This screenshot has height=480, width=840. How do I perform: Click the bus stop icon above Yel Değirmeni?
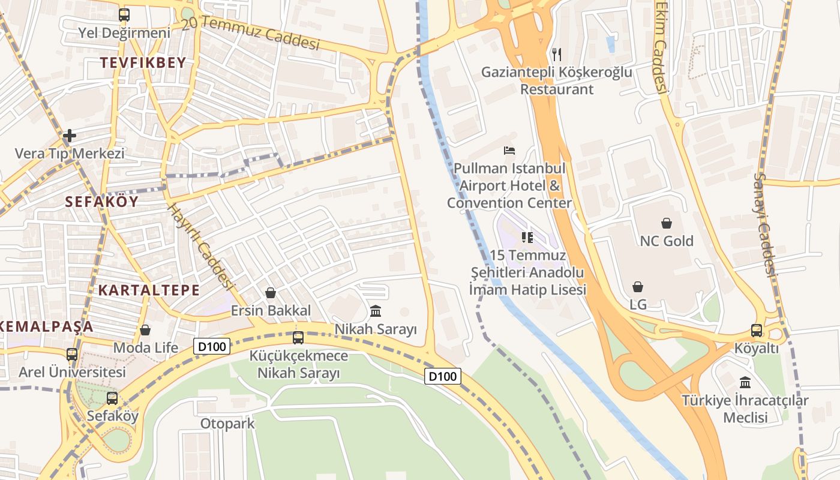tap(124, 15)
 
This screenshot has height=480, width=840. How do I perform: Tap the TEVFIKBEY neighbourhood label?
tap(143, 62)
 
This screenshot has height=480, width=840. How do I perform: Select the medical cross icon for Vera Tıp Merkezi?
tap(70, 136)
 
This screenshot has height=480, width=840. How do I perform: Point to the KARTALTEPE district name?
tap(149, 290)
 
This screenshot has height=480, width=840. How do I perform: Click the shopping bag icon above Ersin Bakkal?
tap(271, 293)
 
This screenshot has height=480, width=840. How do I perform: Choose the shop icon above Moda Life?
tap(145, 330)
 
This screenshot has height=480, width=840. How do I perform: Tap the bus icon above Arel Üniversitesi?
tap(72, 355)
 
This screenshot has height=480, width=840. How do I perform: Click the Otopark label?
tap(227, 424)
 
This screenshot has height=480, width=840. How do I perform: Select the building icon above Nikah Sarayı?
tap(376, 311)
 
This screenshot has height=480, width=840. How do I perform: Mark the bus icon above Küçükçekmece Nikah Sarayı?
tap(298, 338)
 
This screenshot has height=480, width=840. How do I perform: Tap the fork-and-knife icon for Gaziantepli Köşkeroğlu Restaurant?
tap(557, 55)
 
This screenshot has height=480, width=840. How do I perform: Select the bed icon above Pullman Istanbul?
tap(509, 151)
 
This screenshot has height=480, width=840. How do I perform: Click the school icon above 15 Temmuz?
tap(527, 238)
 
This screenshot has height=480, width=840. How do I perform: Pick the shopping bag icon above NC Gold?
tap(667, 223)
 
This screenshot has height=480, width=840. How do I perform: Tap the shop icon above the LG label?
tap(638, 287)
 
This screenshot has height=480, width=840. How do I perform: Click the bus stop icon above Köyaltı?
tap(757, 331)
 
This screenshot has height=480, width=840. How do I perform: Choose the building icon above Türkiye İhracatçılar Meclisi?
tap(745, 382)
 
